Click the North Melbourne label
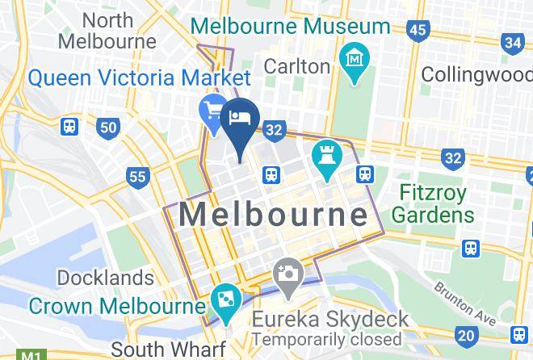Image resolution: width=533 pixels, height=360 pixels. [x=107, y=30]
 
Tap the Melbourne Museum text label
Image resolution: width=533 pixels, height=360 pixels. [x=290, y=26]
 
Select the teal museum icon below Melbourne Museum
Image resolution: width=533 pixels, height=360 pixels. [x=354, y=59]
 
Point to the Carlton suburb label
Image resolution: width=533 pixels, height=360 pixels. [x=297, y=65]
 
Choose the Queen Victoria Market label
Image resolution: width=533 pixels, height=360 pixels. [x=139, y=78]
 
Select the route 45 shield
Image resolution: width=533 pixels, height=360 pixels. [x=417, y=31]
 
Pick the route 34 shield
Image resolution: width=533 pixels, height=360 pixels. [x=512, y=43]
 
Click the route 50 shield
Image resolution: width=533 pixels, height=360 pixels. [x=107, y=127]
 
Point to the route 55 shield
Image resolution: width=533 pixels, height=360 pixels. [x=137, y=177]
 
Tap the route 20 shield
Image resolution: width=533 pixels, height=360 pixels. [x=464, y=335]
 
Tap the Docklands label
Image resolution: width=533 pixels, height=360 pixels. [x=105, y=278]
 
